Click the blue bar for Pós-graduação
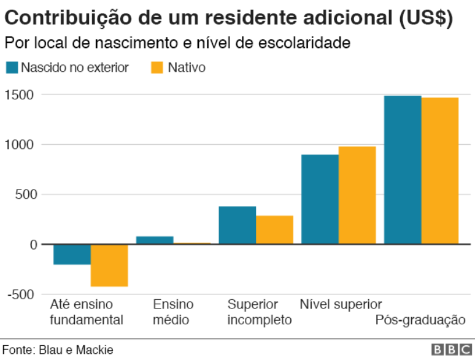[403, 170]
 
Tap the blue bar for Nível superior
[320, 199]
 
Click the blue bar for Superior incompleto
[237, 225]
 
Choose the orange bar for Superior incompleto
[274, 230]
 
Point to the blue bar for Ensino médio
[155, 240]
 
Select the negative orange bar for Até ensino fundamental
[109, 265]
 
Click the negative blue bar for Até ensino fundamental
[72, 255]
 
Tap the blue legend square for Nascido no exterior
[12, 67]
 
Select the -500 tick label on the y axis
[21, 294]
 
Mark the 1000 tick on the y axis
[21, 145]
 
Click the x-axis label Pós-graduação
[420, 320]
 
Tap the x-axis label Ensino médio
[173, 312]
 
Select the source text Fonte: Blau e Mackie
[57, 350]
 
